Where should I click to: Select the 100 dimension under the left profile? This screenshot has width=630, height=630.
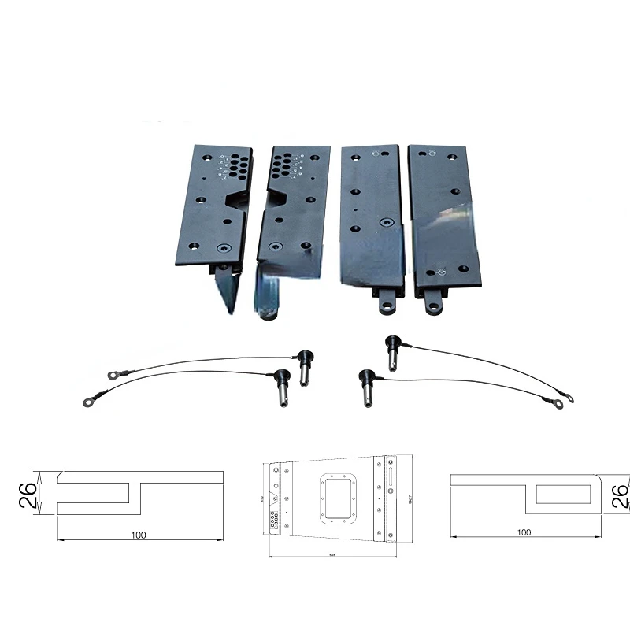click(x=139, y=535)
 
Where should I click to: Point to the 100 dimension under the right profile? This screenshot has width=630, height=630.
click(x=524, y=532)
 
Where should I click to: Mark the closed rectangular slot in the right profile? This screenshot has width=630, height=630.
click(x=565, y=495)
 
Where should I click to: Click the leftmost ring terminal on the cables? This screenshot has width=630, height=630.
click(x=87, y=402)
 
